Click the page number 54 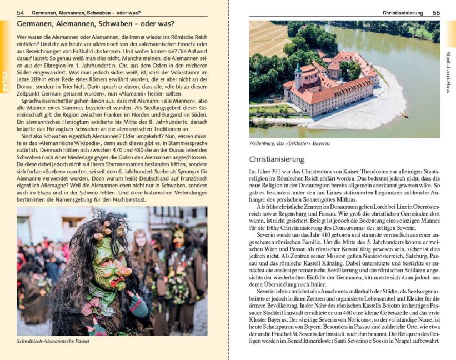(x=20, y=13)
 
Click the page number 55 (x=436, y=13)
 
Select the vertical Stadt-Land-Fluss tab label (x=448, y=72)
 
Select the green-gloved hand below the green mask (x=139, y=306)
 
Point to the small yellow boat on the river (x=404, y=115)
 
